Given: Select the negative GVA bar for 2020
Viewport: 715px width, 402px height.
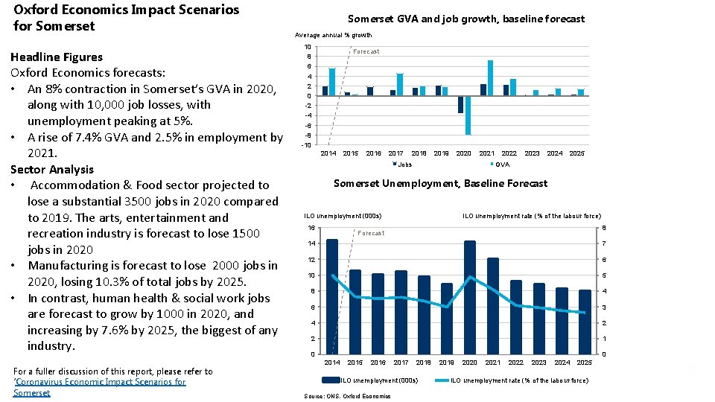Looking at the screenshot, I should tap(468, 115).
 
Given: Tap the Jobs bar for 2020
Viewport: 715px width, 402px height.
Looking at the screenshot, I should tap(460, 104).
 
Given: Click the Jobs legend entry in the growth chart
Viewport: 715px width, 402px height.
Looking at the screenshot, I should tap(402, 164).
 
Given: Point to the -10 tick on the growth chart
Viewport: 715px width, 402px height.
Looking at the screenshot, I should tap(306, 144).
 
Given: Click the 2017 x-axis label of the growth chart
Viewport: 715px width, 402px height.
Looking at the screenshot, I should tap(395, 153).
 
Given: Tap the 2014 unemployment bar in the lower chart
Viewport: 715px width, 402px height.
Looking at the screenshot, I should tap(332, 296).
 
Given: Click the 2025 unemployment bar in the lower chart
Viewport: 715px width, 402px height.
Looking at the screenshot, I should tap(585, 322).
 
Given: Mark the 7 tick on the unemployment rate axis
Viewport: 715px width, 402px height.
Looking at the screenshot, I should tap(604, 243).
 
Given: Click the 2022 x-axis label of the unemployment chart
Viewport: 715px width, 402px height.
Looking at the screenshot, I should tap(515, 363).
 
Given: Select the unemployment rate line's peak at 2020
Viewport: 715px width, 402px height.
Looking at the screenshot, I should tap(470, 277).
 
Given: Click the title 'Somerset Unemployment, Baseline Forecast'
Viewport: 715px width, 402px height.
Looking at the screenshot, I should tap(440, 183).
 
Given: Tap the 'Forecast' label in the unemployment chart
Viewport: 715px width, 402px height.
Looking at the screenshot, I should tap(371, 233).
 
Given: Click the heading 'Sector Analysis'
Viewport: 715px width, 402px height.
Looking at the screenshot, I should tap(52, 169).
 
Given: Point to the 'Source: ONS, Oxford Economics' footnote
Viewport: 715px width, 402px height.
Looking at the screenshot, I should tap(348, 396).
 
